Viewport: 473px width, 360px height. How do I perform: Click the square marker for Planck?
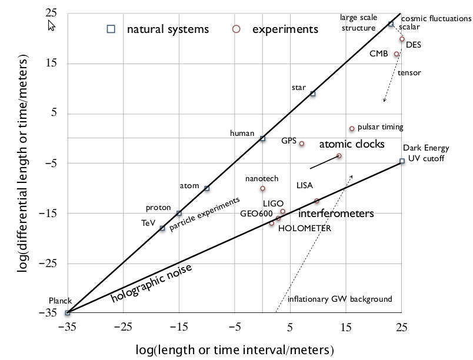click(x=67, y=313)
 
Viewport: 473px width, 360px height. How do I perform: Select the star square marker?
click(x=313, y=94)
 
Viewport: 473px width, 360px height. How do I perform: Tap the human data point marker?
click(x=262, y=138)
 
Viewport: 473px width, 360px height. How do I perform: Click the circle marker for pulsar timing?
click(x=352, y=128)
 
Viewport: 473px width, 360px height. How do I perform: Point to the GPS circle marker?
click(x=302, y=144)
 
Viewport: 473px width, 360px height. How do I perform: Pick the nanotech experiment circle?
click(x=262, y=188)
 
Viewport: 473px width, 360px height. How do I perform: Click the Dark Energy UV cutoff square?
click(x=402, y=161)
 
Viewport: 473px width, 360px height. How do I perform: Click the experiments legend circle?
click(x=236, y=28)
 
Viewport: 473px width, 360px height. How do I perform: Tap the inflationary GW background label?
click(x=339, y=299)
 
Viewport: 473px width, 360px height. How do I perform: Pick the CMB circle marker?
click(x=397, y=54)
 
